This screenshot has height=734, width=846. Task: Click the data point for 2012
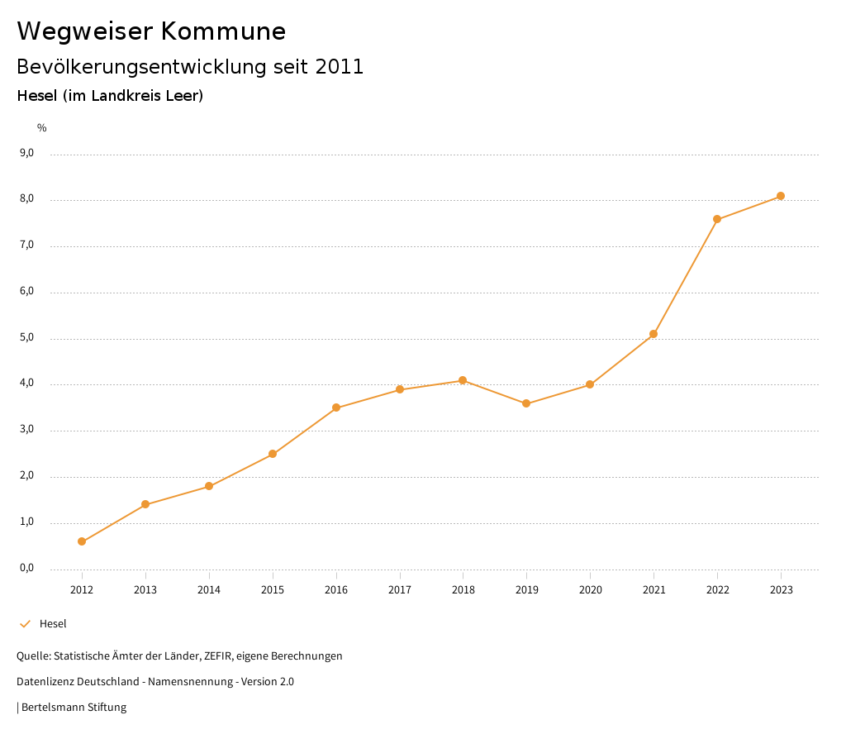click(x=82, y=541)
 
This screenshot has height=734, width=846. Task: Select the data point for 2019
click(x=526, y=403)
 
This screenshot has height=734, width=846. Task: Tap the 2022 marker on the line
click(x=717, y=219)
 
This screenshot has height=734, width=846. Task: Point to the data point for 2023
click(x=781, y=196)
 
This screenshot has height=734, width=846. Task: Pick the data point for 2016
click(x=336, y=408)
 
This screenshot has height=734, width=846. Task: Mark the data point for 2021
click(x=654, y=334)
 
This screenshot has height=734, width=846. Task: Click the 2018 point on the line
click(x=463, y=380)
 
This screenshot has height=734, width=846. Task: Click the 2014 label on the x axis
click(x=209, y=589)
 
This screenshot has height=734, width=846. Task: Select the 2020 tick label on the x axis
click(x=590, y=589)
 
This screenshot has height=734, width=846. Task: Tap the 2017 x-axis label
click(x=400, y=589)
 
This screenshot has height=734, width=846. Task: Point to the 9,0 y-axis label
click(x=27, y=153)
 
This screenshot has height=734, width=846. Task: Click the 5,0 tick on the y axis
click(x=27, y=337)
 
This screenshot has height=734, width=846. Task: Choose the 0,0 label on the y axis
click(x=27, y=568)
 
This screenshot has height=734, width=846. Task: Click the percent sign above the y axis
click(x=42, y=127)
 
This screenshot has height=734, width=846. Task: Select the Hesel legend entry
click(x=53, y=624)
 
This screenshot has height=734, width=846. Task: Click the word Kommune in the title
click(x=223, y=31)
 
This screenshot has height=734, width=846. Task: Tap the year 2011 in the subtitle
click(x=340, y=67)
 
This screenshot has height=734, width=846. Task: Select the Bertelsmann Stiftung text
click(x=74, y=708)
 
